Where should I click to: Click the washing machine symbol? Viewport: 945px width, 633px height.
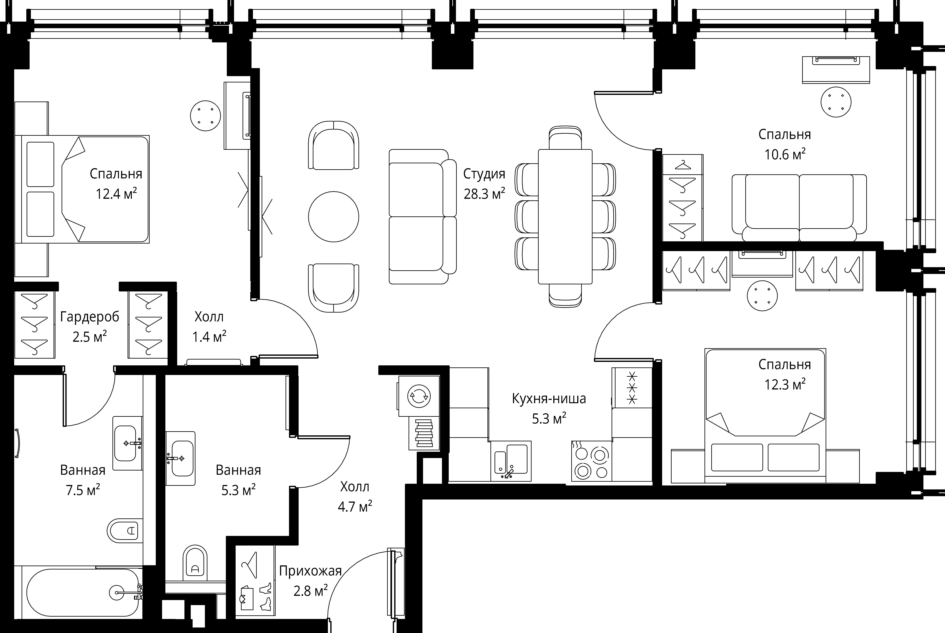click(419, 396)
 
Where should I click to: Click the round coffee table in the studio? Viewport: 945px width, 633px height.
click(334, 217)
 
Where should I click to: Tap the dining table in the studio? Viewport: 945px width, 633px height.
click(565, 217)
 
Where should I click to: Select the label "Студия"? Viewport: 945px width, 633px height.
click(484, 174)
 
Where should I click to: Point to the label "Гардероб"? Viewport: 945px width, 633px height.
click(90, 317)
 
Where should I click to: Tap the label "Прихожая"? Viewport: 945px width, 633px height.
click(310, 571)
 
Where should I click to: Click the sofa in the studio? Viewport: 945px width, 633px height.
click(423, 217)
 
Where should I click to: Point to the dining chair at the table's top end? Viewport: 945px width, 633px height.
click(565, 138)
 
